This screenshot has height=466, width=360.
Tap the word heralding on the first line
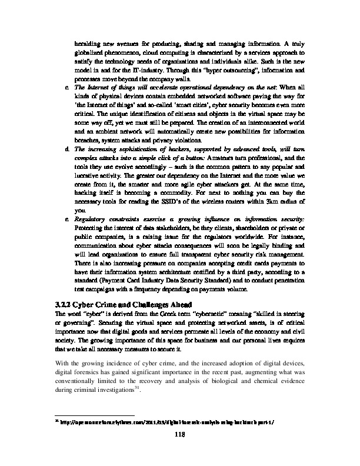pyautogui.click(x=88, y=42)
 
